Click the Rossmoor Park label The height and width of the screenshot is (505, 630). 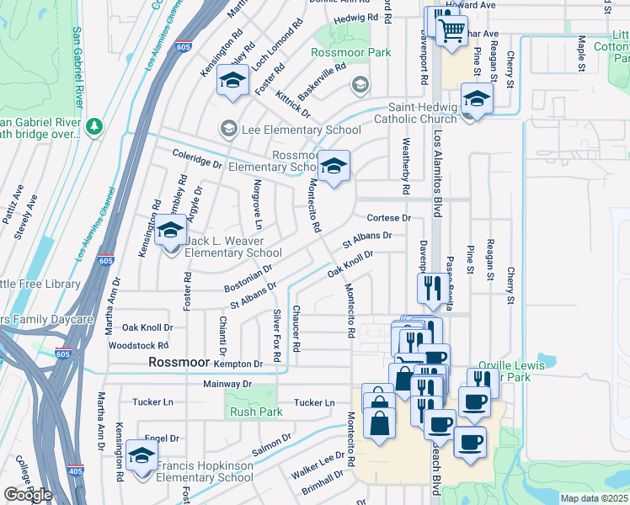pos(351,52)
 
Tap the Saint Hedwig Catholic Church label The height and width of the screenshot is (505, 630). pos(421,113)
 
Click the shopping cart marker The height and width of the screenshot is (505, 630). pos(453,31)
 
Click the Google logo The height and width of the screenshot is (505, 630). pos(28,495)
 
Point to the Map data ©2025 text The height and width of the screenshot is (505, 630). pos(594,498)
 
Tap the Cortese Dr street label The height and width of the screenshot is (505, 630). pos(388,217)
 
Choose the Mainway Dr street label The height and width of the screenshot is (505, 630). pos(227,384)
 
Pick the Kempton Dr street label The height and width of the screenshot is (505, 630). pos(239,363)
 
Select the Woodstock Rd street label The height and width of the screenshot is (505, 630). pos(139,345)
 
